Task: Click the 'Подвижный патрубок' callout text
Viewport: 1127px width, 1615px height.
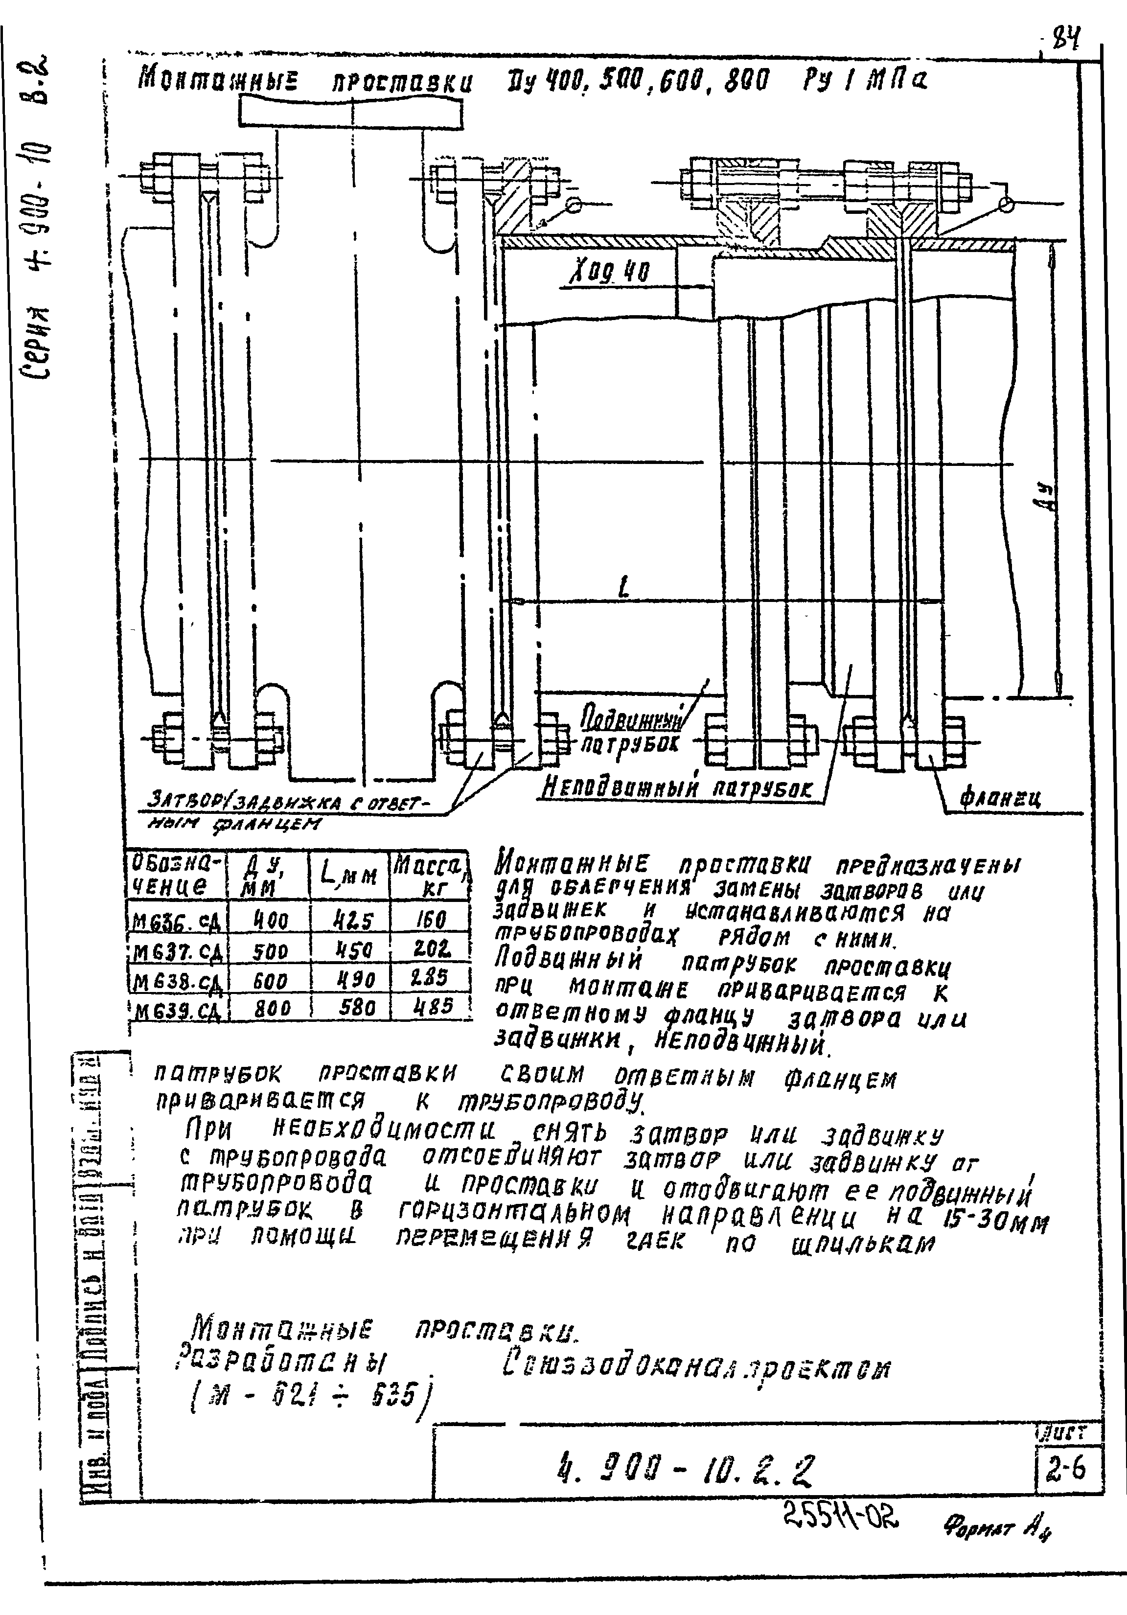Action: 631,732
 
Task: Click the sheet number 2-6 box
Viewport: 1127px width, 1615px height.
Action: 1065,1469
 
